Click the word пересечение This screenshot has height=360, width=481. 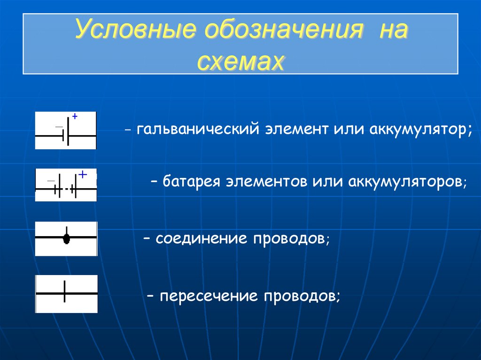click(209, 296)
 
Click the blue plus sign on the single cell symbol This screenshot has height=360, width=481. click(74, 115)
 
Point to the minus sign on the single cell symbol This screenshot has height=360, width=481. click(59, 127)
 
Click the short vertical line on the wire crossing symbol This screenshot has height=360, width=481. click(64, 292)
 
